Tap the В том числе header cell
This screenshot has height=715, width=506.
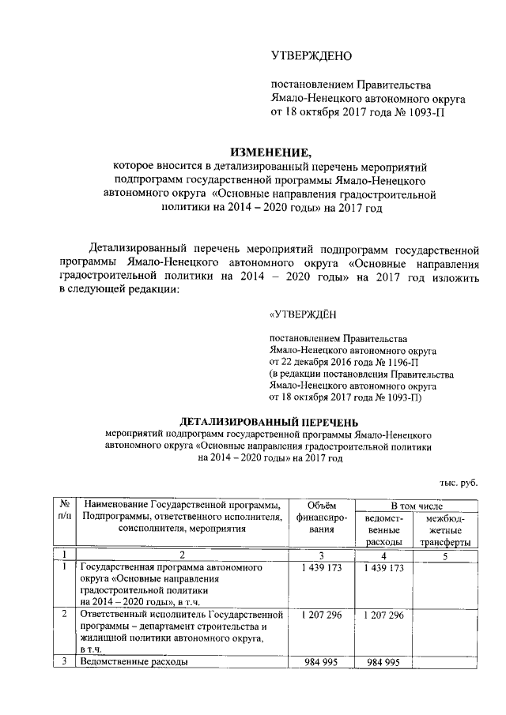point(416,505)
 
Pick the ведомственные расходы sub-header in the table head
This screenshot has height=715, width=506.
point(385,529)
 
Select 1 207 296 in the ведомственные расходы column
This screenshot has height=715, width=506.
point(385,615)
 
